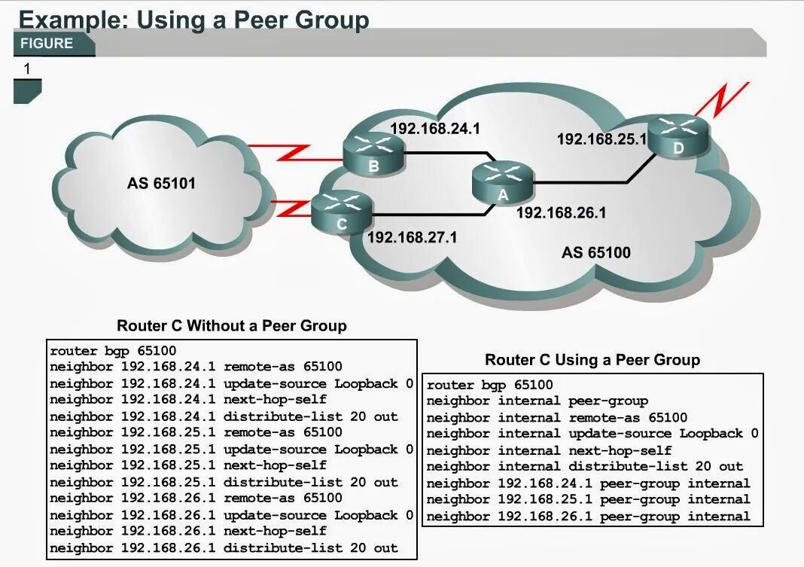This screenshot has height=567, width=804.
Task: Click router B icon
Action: pyautogui.click(x=373, y=152)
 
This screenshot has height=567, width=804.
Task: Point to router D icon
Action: pyautogui.click(x=679, y=136)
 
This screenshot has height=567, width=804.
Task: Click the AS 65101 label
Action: pyautogui.click(x=161, y=183)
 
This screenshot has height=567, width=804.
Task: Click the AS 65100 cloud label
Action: pyautogui.click(x=596, y=252)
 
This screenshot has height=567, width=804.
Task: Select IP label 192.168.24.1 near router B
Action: pyautogui.click(x=434, y=129)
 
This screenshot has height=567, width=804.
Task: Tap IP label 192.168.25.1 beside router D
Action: pyautogui.click(x=601, y=139)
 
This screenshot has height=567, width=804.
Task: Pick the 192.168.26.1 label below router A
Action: pyautogui.click(x=561, y=213)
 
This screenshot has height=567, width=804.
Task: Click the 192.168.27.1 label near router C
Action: pyautogui.click(x=412, y=237)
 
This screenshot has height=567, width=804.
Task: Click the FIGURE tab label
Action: pyautogui.click(x=47, y=44)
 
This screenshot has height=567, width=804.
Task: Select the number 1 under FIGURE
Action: pyautogui.click(x=27, y=69)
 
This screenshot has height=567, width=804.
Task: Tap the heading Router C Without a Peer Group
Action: pyautogui.click(x=232, y=326)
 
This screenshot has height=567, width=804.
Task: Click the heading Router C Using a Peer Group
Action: pyautogui.click(x=592, y=360)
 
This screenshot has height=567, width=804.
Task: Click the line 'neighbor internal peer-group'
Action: pyautogui.click(x=537, y=401)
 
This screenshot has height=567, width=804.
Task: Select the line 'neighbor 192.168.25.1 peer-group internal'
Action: pyautogui.click(x=588, y=499)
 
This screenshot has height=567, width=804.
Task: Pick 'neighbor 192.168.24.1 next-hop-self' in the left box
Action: pyautogui.click(x=188, y=399)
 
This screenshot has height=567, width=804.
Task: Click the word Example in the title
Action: pyautogui.click(x=69, y=19)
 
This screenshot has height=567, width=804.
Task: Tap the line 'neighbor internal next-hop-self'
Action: pyautogui.click(x=549, y=450)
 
